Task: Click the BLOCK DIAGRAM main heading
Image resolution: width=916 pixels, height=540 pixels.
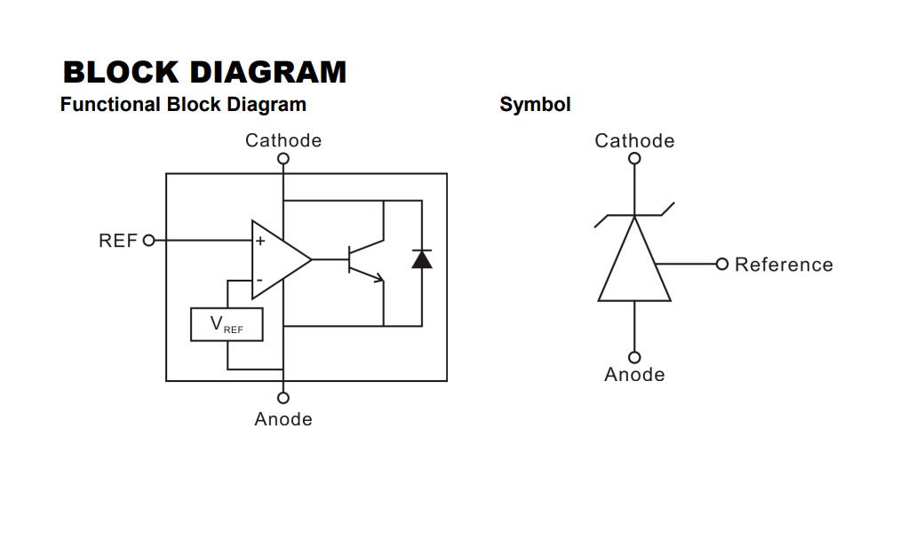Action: coord(204,73)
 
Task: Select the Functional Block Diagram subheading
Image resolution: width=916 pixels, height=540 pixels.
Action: coord(183,105)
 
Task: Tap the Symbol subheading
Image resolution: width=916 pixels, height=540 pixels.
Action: coord(535,105)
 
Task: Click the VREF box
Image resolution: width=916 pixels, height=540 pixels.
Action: coord(227,324)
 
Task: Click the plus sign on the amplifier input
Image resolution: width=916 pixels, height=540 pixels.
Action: coord(260,241)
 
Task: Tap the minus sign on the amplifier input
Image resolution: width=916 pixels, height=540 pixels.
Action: coord(259,281)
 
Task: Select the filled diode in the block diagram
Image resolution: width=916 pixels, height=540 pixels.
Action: coord(422,258)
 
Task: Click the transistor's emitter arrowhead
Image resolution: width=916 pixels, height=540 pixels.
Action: coord(379,277)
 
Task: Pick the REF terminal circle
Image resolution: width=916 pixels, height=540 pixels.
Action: coord(149,240)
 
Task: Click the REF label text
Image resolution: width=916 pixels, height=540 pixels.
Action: coord(118,241)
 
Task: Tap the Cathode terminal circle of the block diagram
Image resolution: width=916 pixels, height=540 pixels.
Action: coord(283,159)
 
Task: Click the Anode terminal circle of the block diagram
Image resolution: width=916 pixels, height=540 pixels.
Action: coord(283,398)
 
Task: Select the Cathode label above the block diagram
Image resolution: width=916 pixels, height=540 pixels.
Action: coord(283,140)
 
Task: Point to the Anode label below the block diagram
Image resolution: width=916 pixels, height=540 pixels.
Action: coord(283,419)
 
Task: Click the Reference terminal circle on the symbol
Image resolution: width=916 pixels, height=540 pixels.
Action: coord(722,264)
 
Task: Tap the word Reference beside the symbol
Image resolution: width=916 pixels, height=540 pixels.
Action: coord(784,265)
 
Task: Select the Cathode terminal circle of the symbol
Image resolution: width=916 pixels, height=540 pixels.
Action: coord(634,158)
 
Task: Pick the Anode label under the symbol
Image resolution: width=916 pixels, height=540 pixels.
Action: coord(634,374)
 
